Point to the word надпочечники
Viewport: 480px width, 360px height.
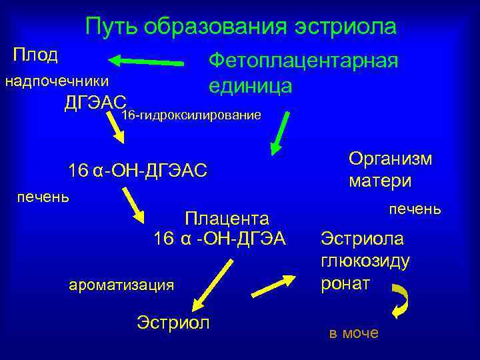pyautogui.click(x=57, y=81)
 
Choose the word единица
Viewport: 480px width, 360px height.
pyautogui.click(x=249, y=86)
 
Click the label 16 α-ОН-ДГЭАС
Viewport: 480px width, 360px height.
pyautogui.click(x=137, y=171)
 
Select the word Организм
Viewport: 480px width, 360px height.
pyautogui.click(x=390, y=159)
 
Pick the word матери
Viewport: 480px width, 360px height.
pyautogui.click(x=379, y=181)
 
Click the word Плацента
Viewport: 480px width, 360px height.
pyautogui.click(x=227, y=218)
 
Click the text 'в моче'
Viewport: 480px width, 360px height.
pyautogui.click(x=353, y=333)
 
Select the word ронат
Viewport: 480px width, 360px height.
pyautogui.click(x=345, y=283)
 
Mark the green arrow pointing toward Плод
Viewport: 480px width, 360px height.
pyautogui.click(x=146, y=61)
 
